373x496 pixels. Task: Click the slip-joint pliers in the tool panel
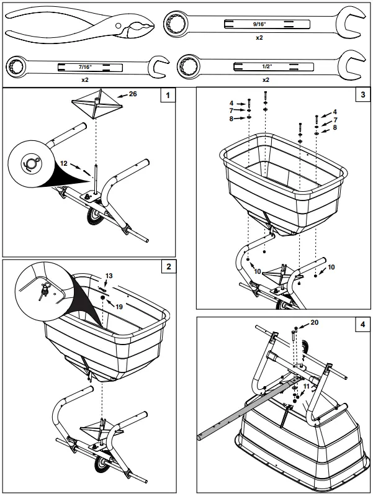tap(81, 28)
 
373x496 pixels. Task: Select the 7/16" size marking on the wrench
tap(84, 65)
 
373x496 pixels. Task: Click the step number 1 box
tap(167, 96)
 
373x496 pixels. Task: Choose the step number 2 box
tap(167, 268)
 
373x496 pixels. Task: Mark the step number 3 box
tap(362, 96)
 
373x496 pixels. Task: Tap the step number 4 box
tap(362, 325)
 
